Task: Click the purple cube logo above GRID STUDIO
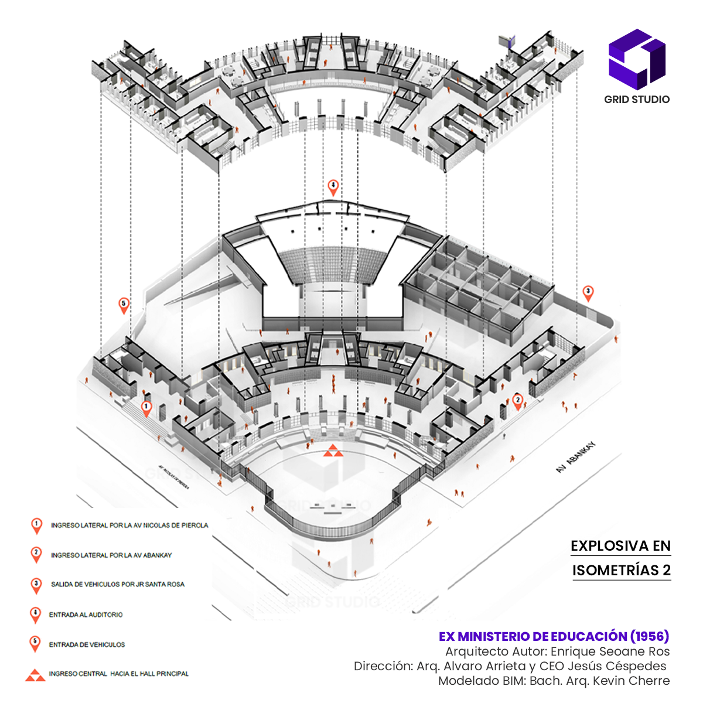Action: pyautogui.click(x=637, y=59)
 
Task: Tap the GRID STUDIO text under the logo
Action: pyautogui.click(x=637, y=100)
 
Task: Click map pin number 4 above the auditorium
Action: pyautogui.click(x=333, y=187)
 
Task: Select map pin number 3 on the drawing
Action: pyautogui.click(x=588, y=292)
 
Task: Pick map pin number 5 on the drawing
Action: pyautogui.click(x=124, y=305)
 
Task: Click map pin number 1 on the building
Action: pyautogui.click(x=146, y=407)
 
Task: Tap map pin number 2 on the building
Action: pyautogui.click(x=517, y=401)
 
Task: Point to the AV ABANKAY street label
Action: pyautogui.click(x=575, y=457)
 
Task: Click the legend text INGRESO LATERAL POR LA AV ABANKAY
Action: pyautogui.click(x=111, y=555)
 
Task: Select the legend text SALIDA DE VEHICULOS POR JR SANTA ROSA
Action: pyautogui.click(x=117, y=584)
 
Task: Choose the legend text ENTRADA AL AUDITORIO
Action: pyautogui.click(x=86, y=615)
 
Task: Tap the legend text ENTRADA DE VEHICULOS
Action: pyautogui.click(x=87, y=644)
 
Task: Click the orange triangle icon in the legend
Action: pyautogui.click(x=35, y=675)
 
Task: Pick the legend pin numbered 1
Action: pyautogui.click(x=36, y=525)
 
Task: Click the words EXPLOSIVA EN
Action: pyautogui.click(x=620, y=546)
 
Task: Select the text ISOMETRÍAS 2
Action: pyautogui.click(x=621, y=571)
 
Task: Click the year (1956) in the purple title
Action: pyautogui.click(x=649, y=636)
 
